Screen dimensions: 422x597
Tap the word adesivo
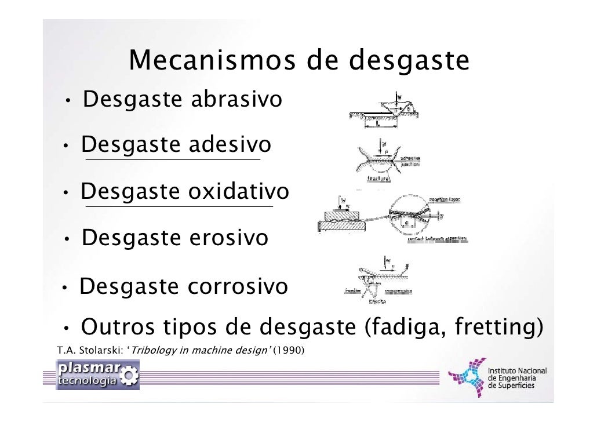229,145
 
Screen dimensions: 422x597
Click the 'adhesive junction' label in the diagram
410,161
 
